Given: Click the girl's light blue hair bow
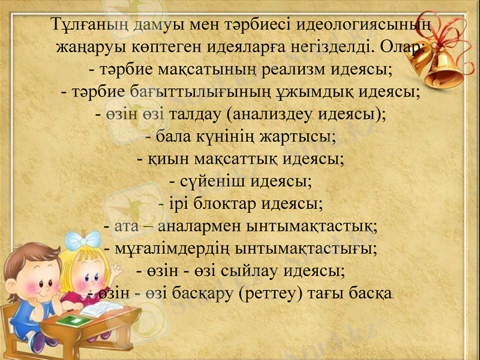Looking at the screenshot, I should (83, 242).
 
